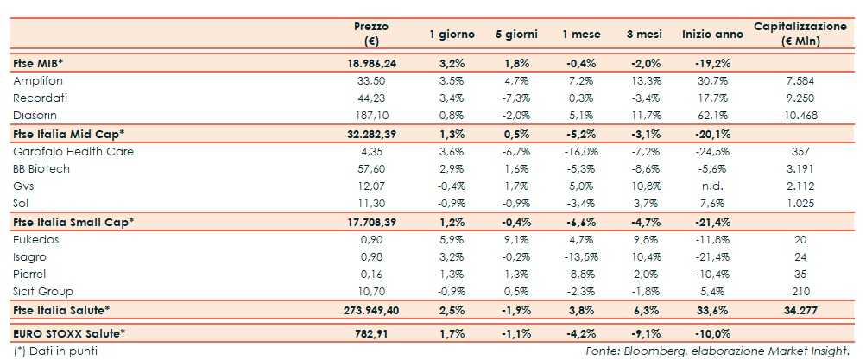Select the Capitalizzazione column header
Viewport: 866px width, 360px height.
click(800, 34)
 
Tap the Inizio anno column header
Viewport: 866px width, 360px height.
click(711, 35)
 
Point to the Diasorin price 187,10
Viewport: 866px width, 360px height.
click(373, 115)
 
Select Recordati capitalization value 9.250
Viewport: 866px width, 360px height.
click(800, 98)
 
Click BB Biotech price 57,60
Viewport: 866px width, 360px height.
click(373, 169)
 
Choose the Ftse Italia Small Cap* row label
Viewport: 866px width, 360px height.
click(73, 222)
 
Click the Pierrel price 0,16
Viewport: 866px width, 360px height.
click(373, 275)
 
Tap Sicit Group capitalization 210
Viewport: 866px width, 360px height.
click(800, 292)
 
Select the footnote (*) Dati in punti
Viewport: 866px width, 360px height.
click(55, 351)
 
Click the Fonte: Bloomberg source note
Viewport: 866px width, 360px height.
click(724, 351)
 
